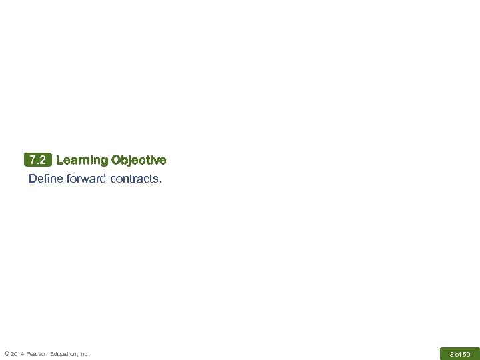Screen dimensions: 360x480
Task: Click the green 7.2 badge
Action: point(37,160)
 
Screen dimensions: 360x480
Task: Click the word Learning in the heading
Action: point(82,160)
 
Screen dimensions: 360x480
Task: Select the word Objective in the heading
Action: point(139,160)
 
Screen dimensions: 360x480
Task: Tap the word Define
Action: point(45,179)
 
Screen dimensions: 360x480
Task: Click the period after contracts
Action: point(160,179)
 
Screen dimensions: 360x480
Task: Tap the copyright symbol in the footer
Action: point(7,354)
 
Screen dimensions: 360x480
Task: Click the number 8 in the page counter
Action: point(451,354)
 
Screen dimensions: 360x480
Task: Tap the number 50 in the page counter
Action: point(466,354)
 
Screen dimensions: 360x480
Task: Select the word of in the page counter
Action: point(458,354)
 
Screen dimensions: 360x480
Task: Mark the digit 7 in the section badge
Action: point(33,160)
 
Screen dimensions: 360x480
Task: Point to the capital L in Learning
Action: point(60,160)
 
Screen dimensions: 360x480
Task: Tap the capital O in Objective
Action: point(117,160)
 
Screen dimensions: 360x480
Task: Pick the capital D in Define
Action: point(33,179)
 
